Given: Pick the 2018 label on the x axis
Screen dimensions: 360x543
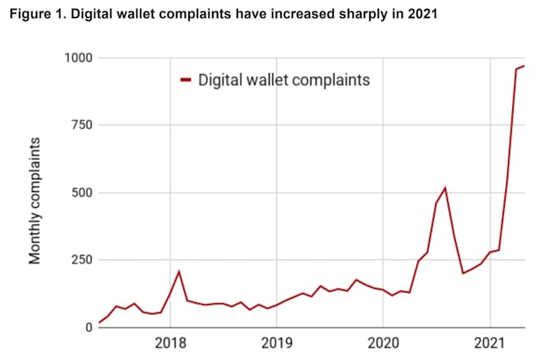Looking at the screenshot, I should click(171, 345).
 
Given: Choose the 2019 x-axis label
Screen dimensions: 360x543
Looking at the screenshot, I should click(277, 345).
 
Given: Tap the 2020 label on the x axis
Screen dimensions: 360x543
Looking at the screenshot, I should click(382, 345).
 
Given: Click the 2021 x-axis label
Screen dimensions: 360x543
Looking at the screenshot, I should click(488, 345).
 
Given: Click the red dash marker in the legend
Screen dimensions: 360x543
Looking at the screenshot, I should click(186, 81).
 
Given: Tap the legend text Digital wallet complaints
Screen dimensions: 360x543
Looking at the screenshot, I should click(285, 81).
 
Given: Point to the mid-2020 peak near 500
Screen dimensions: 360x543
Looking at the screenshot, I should click(445, 188).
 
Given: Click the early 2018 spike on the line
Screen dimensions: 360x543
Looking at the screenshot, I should click(179, 271).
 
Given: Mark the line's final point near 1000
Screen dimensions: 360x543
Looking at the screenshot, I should click(524, 65).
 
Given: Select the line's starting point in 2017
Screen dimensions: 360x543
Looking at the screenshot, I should click(99, 323).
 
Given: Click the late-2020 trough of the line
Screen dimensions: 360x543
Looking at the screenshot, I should click(462, 273).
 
